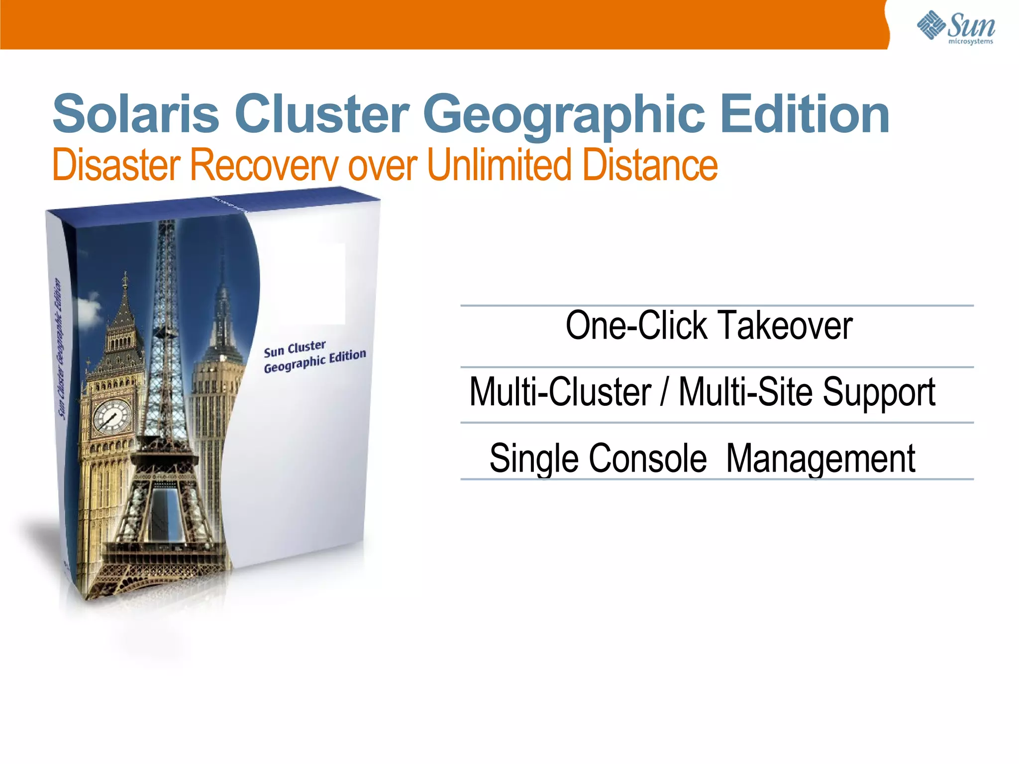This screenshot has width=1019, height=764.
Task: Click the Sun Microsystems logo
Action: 955,27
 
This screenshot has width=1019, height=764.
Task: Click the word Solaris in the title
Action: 136,114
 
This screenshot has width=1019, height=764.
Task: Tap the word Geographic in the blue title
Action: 564,115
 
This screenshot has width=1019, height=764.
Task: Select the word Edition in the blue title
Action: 805,114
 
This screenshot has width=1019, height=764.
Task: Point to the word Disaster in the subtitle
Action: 116,165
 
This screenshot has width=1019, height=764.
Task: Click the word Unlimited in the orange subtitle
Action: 499,165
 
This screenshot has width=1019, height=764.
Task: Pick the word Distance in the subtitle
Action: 650,165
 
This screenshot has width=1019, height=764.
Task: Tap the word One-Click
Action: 636,325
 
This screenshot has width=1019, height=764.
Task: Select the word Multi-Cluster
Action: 560,392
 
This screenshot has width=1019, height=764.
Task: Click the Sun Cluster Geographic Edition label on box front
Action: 314,357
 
